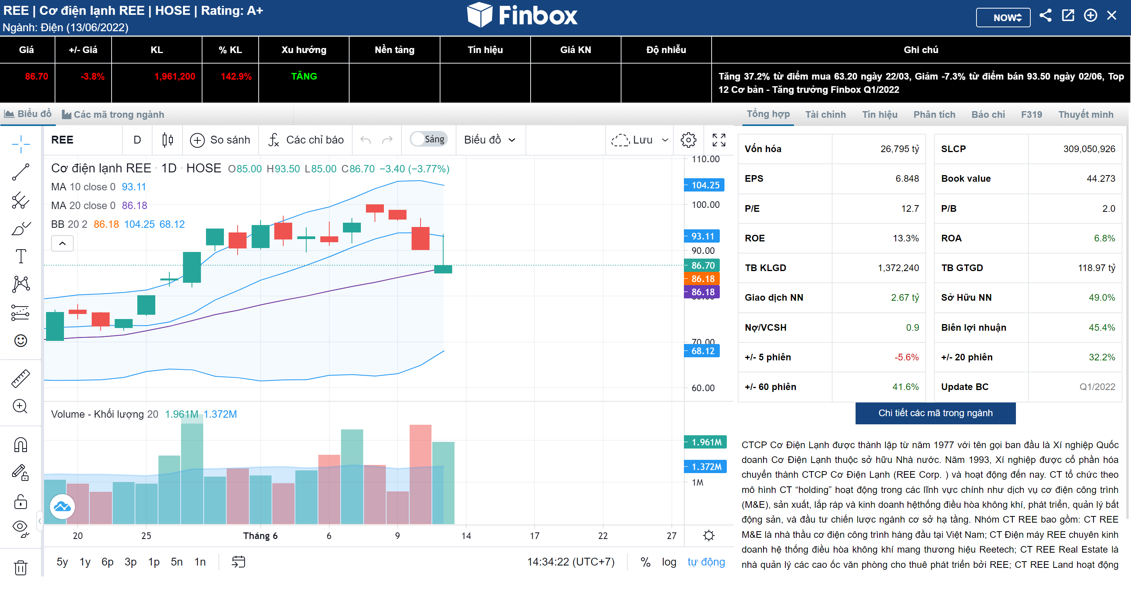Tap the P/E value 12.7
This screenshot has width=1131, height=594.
(910, 209)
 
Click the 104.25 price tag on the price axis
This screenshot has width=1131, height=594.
(705, 185)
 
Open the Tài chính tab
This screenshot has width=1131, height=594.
(825, 115)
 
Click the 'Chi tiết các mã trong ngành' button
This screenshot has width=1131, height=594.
(935, 413)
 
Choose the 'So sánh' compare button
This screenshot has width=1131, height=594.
(220, 140)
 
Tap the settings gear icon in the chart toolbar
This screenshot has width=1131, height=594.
(688, 140)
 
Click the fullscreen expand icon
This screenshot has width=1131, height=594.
(719, 140)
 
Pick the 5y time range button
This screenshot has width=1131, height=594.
(62, 562)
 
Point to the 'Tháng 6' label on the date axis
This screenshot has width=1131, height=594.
(260, 535)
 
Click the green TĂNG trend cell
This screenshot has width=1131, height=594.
(304, 76)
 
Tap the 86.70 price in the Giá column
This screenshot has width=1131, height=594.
(36, 76)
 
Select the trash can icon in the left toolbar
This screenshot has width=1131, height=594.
(21, 567)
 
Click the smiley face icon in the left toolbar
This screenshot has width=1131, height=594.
(21, 341)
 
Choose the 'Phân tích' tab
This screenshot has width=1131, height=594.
(934, 115)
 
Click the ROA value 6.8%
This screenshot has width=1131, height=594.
(1104, 238)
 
